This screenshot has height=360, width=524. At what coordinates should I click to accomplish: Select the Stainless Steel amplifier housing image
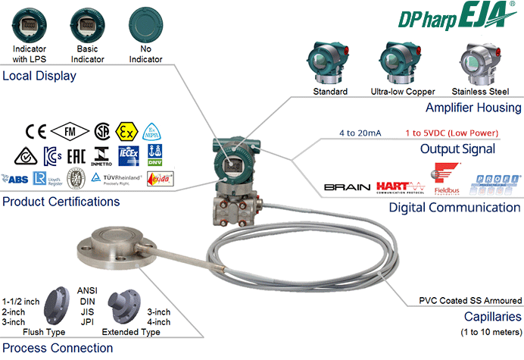click(x=479, y=62)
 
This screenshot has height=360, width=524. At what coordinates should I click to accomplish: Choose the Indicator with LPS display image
click(x=30, y=23)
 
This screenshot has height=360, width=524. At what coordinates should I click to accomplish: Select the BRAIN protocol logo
click(x=346, y=186)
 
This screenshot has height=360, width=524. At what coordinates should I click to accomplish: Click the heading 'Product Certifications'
click(x=61, y=202)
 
